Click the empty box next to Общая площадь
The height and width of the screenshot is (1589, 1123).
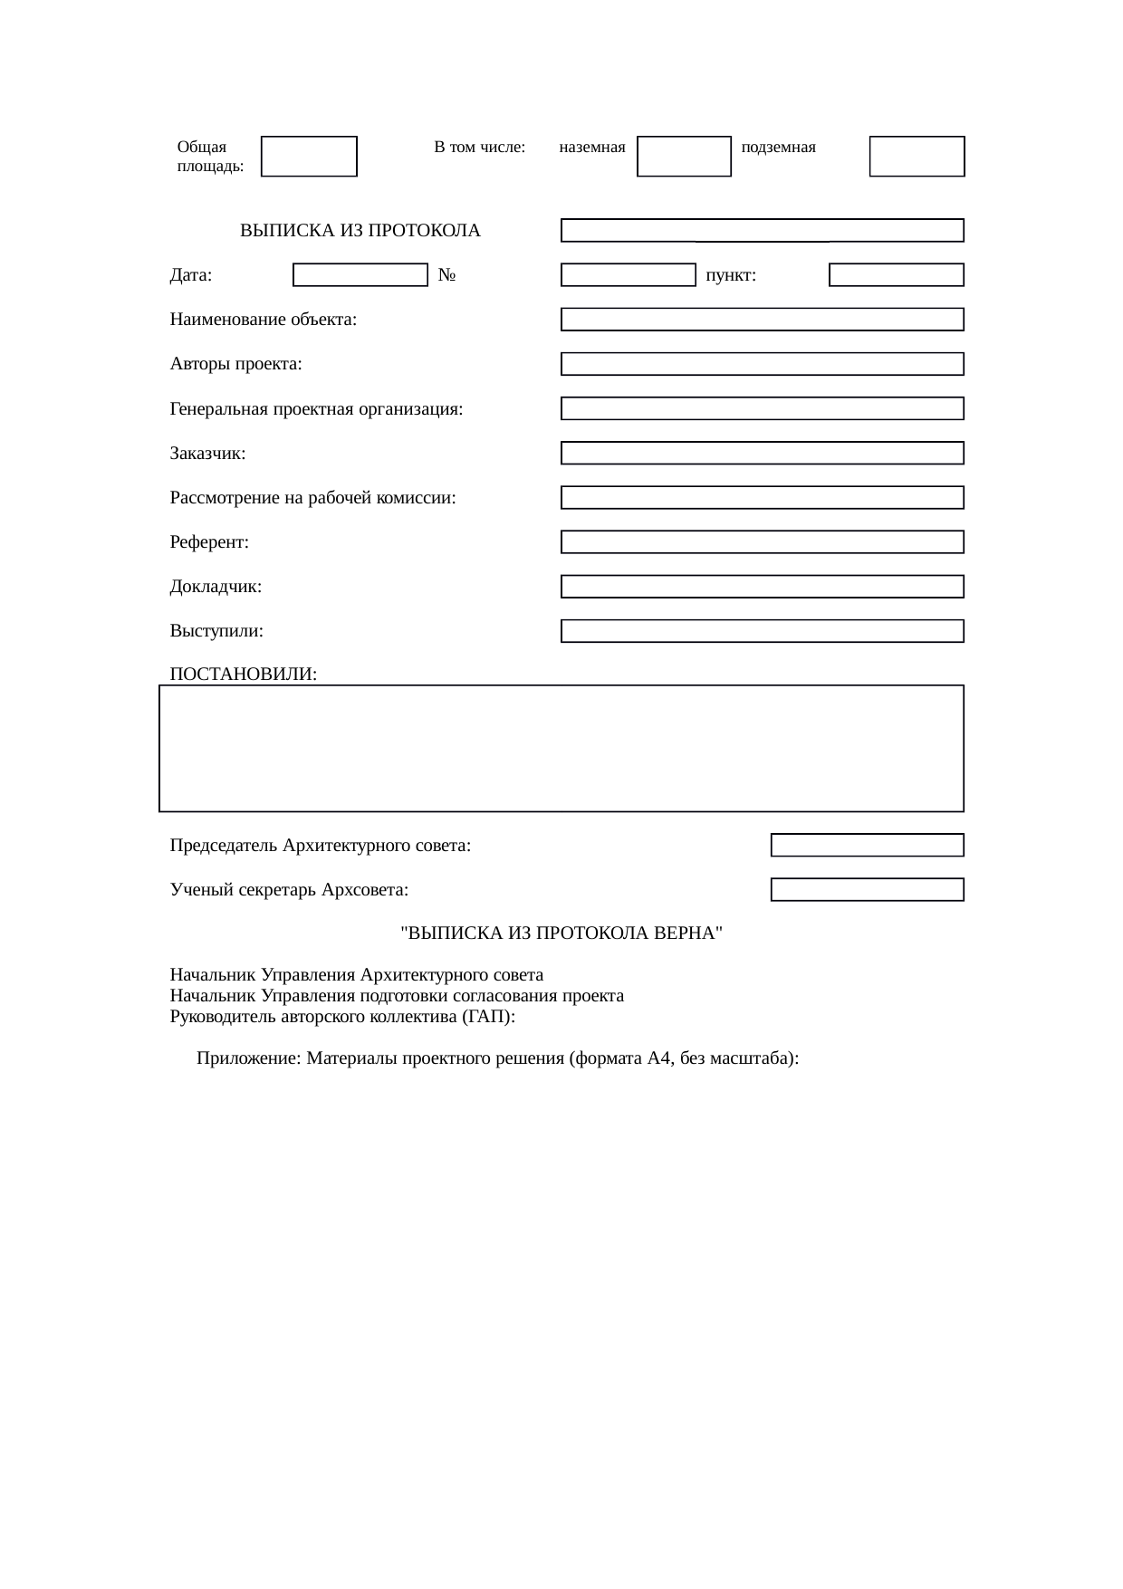pos(309,157)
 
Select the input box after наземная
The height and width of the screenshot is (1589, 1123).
pos(684,157)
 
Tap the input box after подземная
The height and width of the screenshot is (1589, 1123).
pos(917,157)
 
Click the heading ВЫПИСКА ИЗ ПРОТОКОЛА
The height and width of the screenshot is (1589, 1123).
pos(360,231)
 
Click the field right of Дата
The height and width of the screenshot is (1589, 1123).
pos(360,275)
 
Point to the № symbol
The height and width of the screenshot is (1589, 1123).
pos(446,275)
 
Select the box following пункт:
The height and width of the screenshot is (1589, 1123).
pos(896,275)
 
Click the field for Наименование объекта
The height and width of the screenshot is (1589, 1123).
pos(762,320)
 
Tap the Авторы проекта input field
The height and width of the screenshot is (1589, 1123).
pos(762,364)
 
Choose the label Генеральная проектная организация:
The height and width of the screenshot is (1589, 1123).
pos(316,409)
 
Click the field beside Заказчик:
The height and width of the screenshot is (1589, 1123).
pos(762,453)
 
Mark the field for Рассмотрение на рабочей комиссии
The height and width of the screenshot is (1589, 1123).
pos(762,498)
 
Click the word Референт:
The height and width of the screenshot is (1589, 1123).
pos(209,542)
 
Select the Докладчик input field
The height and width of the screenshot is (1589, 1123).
pos(762,587)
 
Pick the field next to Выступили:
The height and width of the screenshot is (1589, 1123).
pos(762,631)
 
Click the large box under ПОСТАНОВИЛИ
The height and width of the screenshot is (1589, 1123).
pos(561,749)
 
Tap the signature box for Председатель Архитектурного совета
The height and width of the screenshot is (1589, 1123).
pos(867,846)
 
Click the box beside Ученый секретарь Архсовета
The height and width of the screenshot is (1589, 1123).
pos(867,890)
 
